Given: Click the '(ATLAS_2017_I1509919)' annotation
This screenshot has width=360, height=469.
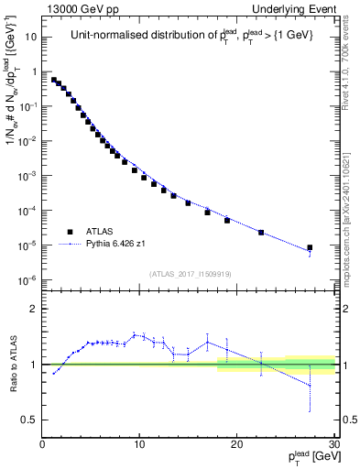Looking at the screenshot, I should click(x=189, y=272).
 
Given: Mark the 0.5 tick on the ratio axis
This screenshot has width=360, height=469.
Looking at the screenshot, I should click(x=30, y=420).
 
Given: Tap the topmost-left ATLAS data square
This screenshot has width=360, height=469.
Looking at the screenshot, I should click(x=54, y=80).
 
